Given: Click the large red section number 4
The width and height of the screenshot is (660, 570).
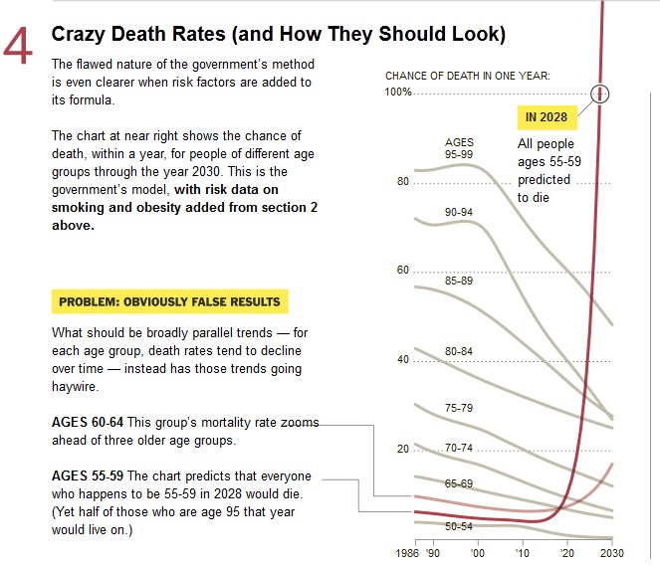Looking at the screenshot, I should click(20, 48).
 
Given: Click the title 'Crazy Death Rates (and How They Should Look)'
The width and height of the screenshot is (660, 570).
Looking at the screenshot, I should click(279, 35).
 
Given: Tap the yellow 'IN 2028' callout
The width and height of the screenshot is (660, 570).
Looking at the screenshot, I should click(547, 117).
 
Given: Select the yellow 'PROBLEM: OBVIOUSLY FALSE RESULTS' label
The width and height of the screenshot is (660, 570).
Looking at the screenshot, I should click(169, 301).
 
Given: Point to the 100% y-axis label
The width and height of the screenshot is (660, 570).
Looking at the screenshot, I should click(399, 93).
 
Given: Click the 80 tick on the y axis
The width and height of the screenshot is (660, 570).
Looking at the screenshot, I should click(402, 182).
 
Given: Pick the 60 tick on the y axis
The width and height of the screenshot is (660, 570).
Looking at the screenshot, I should click(402, 271).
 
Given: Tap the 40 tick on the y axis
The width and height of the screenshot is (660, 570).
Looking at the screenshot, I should click(402, 359).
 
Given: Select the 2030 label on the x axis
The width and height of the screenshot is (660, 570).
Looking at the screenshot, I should click(611, 553).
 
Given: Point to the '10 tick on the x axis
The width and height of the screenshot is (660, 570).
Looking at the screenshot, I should click(524, 553).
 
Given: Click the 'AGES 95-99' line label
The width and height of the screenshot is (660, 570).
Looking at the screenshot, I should click(459, 148).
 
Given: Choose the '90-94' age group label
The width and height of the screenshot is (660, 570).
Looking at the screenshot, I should click(459, 213).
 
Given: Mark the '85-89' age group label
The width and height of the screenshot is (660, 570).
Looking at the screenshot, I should click(459, 281).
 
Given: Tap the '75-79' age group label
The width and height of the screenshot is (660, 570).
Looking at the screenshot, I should click(459, 408).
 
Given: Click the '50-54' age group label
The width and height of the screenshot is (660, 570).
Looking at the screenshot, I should click(459, 525).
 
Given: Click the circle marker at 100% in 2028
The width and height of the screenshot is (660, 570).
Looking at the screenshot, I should click(600, 94).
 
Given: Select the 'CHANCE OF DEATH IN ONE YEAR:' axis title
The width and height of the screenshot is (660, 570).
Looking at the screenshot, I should click(467, 76).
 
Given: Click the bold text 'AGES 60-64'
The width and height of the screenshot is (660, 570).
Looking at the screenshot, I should click(88, 423).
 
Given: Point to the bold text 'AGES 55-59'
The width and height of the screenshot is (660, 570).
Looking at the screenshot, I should click(88, 476).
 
